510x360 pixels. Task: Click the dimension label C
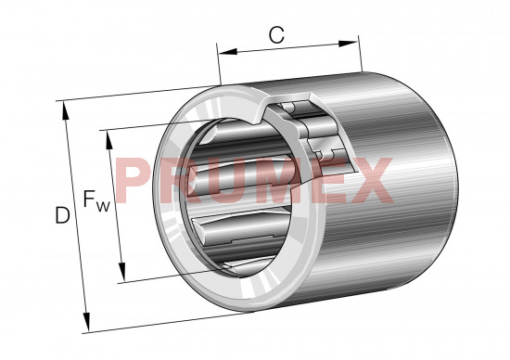click(276, 35)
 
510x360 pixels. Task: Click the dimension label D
click(62, 215)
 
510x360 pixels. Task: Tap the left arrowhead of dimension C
click(228, 51)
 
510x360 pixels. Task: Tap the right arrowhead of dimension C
click(348, 44)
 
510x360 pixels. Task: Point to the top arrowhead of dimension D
click(66, 110)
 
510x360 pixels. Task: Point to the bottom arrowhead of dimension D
click(86, 322)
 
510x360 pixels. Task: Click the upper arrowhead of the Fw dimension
click(109, 140)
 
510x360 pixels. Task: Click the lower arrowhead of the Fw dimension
click(122, 272)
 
